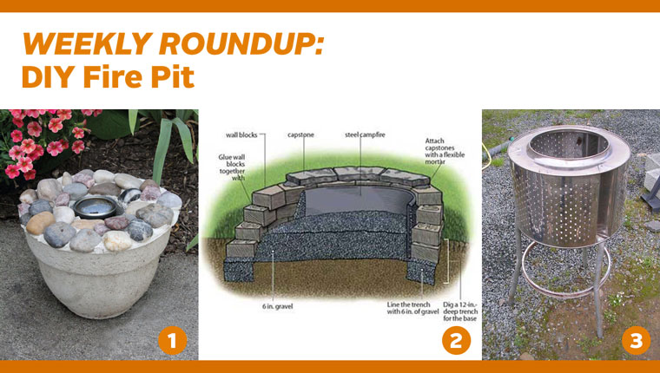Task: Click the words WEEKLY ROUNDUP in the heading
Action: pos(173,44)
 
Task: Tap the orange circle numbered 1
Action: pos(172,341)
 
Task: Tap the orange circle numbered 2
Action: pos(455,341)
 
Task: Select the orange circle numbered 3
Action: pos(637,341)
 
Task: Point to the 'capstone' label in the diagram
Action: pos(302,134)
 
